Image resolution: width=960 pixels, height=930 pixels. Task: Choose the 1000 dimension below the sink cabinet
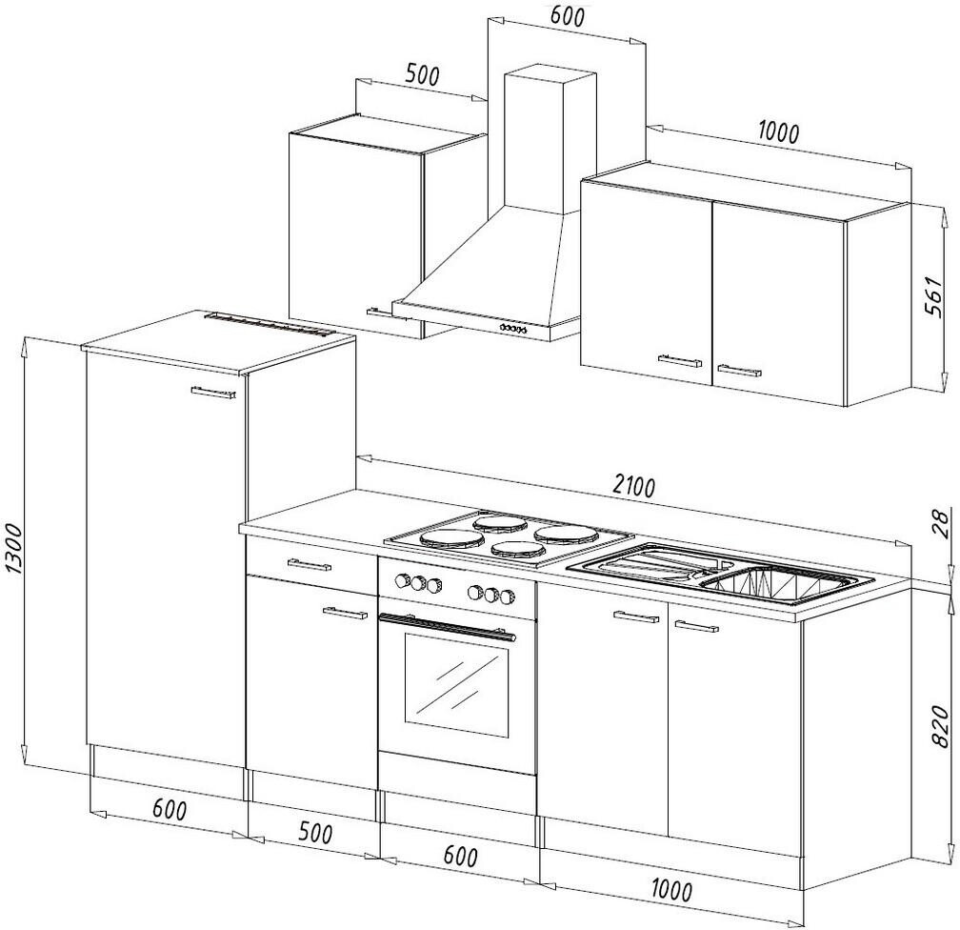pyautogui.click(x=671, y=891)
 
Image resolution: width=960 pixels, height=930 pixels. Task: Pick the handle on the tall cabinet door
pyautogui.click(x=212, y=393)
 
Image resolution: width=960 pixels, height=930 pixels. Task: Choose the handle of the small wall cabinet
pyautogui.click(x=379, y=310)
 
